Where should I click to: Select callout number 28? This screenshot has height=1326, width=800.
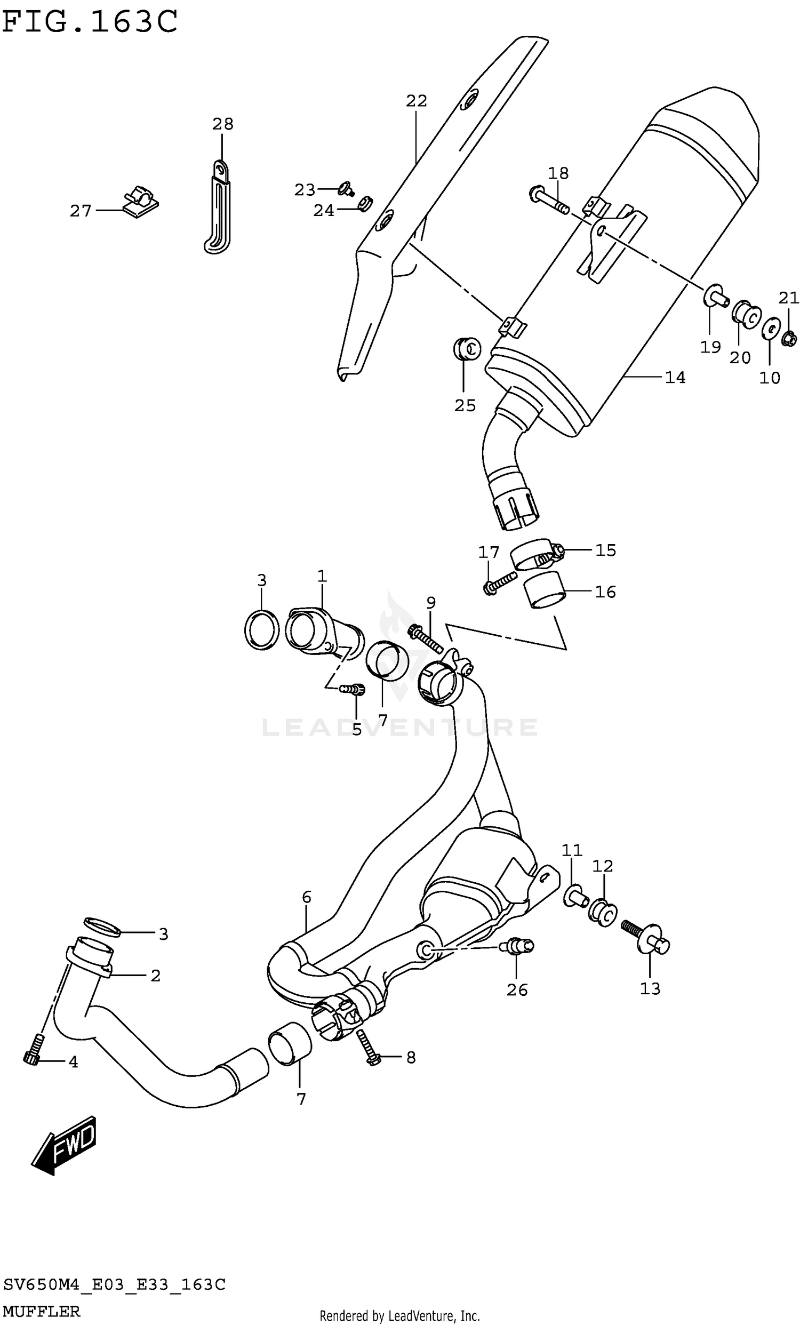(x=222, y=124)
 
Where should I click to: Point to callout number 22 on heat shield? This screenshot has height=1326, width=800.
(x=416, y=101)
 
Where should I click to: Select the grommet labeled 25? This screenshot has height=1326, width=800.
(x=466, y=350)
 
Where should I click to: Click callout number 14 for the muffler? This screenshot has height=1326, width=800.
(x=675, y=378)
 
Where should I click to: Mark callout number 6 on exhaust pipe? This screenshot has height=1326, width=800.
(x=306, y=897)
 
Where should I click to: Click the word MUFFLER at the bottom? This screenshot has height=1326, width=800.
(x=42, y=1312)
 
